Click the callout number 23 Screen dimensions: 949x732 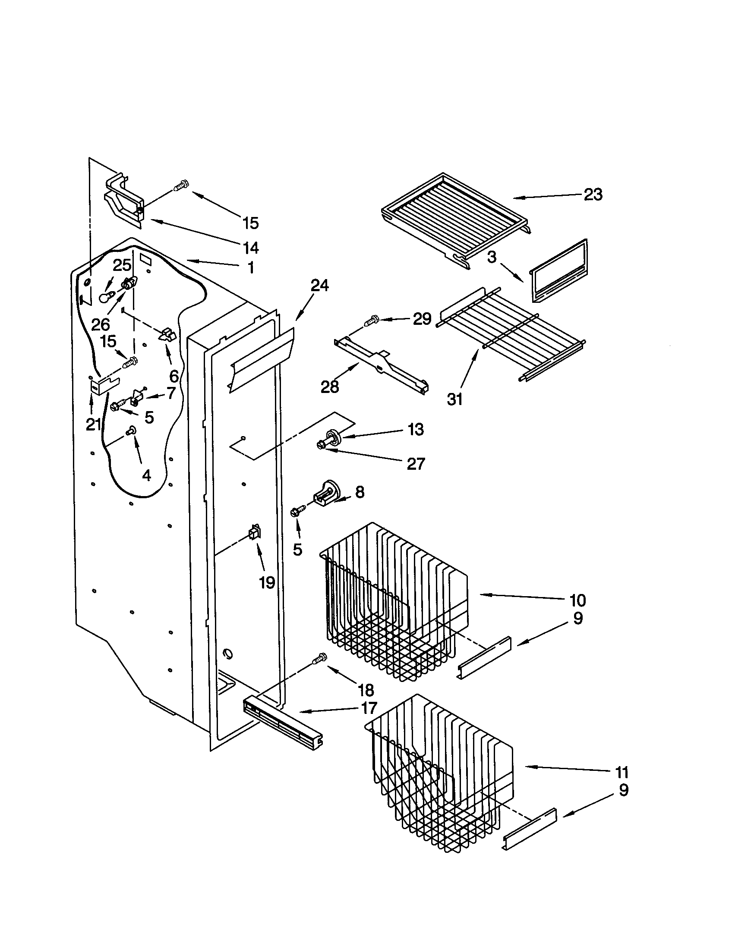(x=593, y=195)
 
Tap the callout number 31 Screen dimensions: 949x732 (x=454, y=399)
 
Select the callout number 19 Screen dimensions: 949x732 (x=267, y=582)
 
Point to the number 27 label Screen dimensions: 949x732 (x=416, y=464)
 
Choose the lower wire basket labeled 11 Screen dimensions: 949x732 (x=439, y=782)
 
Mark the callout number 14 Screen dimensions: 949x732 (x=251, y=248)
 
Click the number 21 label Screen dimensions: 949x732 (x=93, y=424)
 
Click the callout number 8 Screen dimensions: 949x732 (x=359, y=492)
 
